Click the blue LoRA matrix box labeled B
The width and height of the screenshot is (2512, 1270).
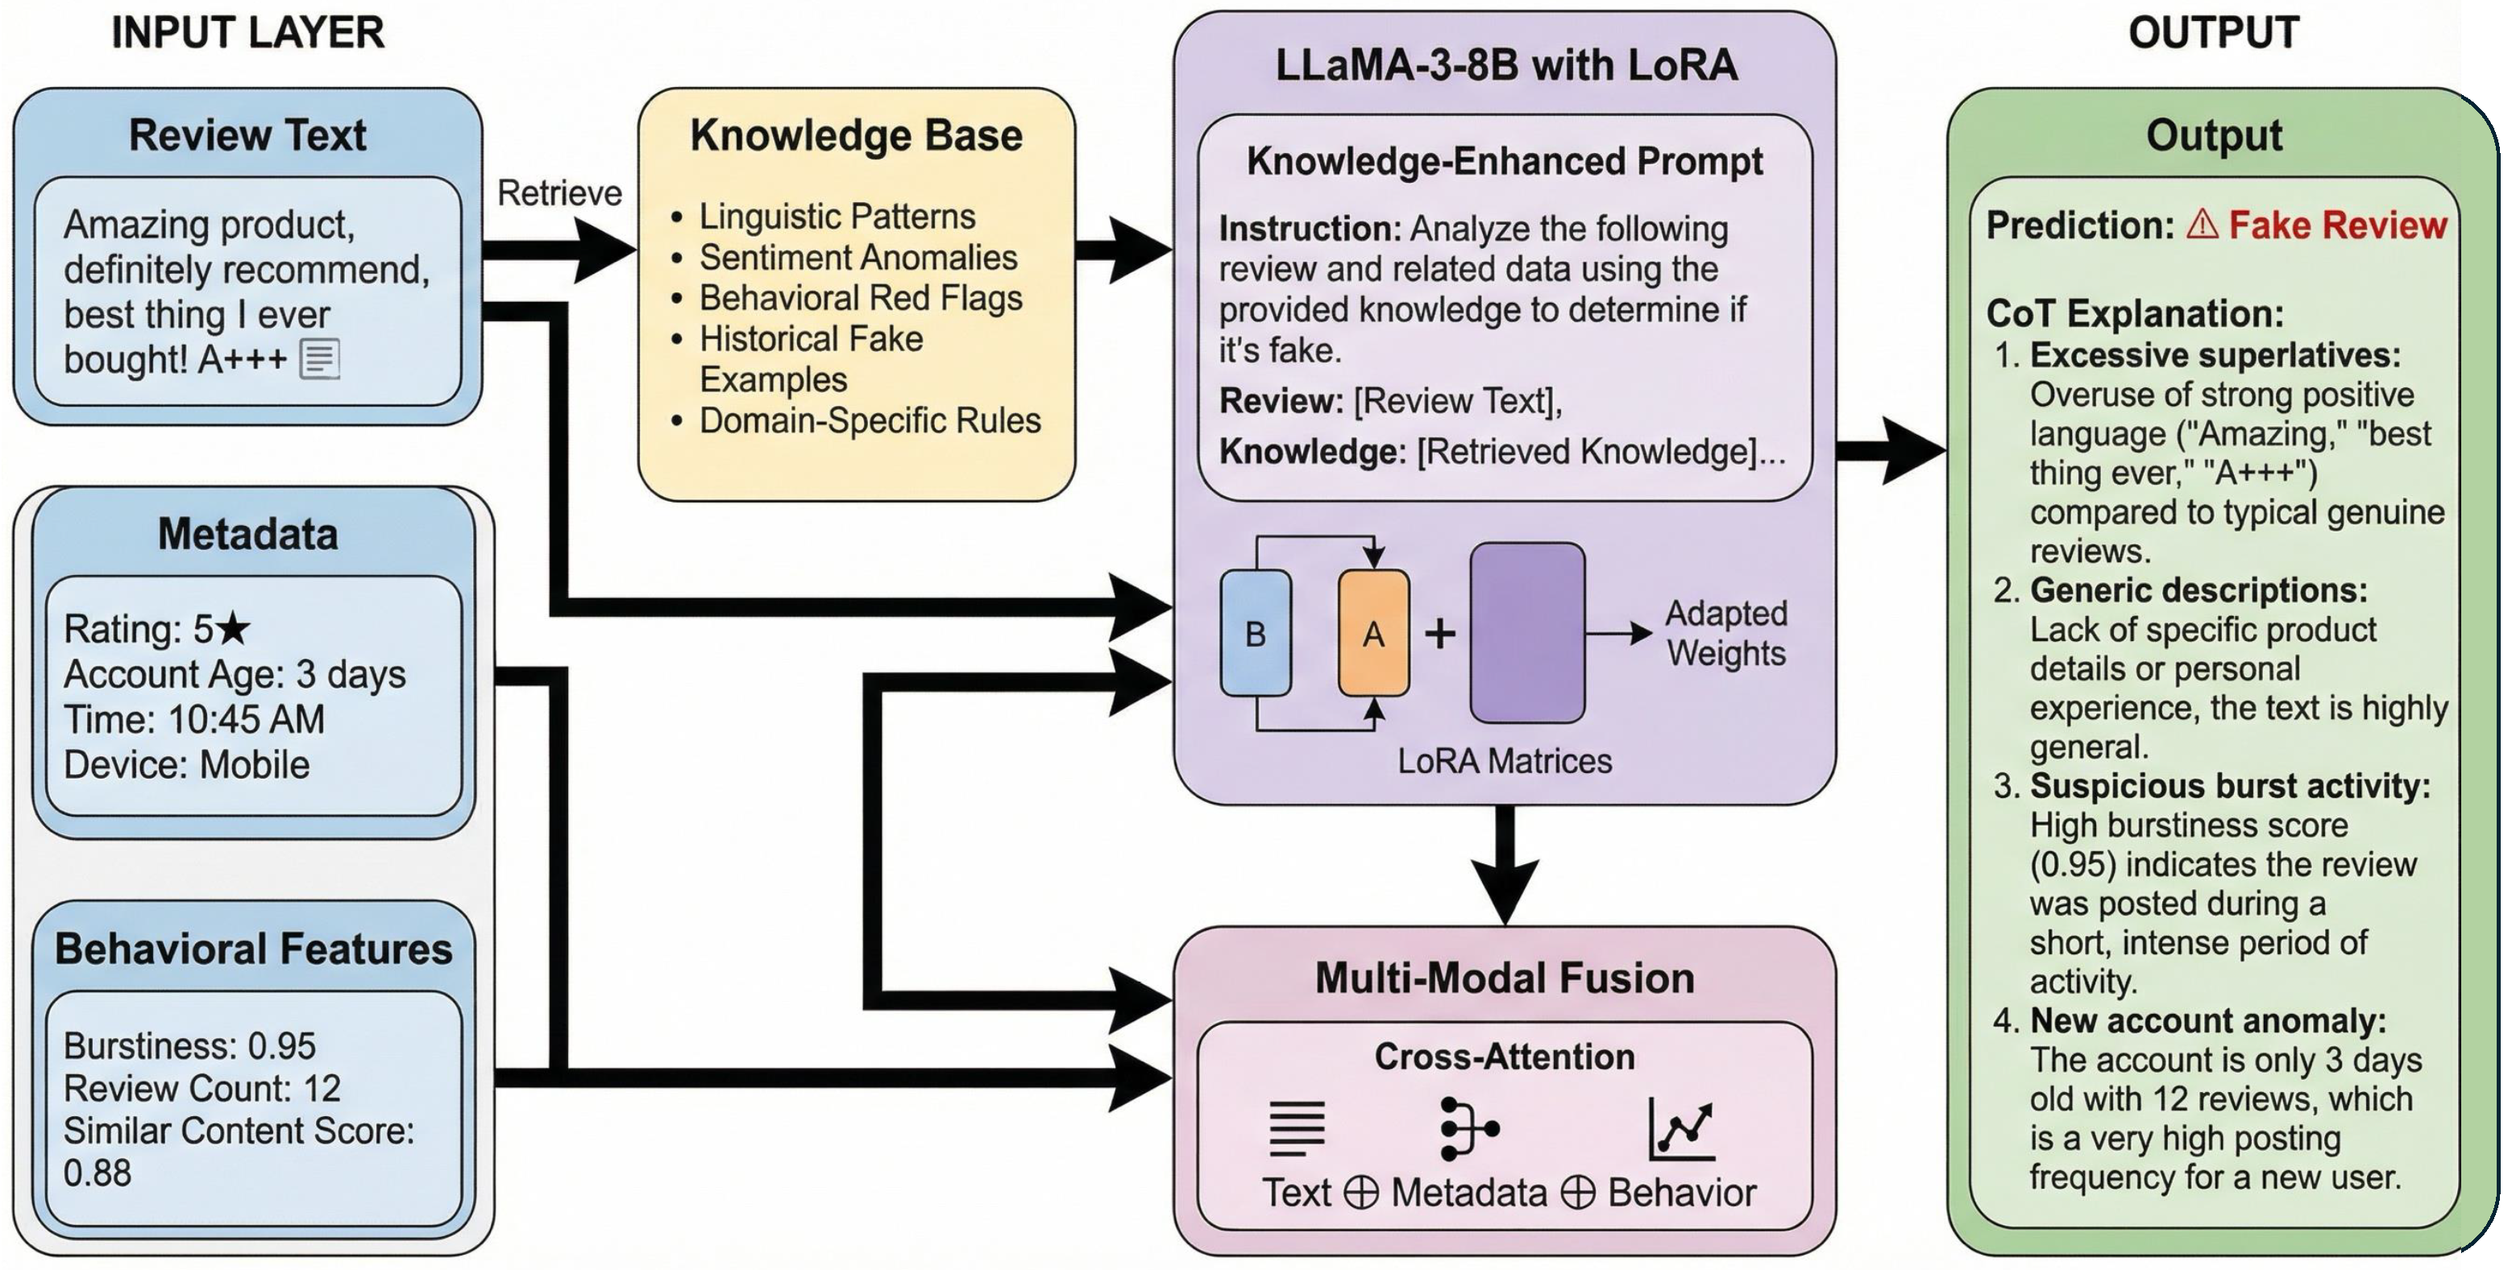1255,634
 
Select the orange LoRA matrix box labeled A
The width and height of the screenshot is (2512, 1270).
1373,634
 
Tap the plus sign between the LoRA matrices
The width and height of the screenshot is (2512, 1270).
1440,634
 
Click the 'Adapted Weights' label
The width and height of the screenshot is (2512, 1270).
1726,634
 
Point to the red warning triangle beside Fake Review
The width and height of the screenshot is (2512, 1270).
2202,225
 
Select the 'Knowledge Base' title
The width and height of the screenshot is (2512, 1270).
856,135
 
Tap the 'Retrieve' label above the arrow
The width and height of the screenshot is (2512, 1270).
558,193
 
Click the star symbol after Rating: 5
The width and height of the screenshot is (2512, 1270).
233,629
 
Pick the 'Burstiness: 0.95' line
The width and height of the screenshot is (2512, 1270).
190,1046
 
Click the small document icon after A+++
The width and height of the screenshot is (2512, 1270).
320,360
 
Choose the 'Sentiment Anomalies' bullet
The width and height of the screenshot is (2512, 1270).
858,258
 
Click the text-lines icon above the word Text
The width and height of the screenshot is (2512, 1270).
1297,1129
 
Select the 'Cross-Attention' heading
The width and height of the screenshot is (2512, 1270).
1505,1057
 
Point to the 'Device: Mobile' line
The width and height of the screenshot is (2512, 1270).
187,765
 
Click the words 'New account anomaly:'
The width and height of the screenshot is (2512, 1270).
2207,1020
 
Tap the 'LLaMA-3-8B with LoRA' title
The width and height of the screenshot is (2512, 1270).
1506,65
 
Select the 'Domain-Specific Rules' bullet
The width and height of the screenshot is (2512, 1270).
870,421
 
